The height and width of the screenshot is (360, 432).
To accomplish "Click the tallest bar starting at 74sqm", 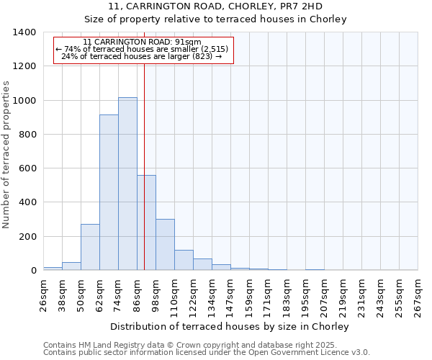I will (127, 184).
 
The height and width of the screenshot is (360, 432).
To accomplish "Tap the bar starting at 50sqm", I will (90, 247).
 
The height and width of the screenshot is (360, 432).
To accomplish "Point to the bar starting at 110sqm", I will (184, 260).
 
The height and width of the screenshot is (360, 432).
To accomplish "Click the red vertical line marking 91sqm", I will (145, 144).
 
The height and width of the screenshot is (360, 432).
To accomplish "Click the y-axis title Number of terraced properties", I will (7, 155).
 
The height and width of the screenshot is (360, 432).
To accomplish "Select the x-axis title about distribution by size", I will (230, 327).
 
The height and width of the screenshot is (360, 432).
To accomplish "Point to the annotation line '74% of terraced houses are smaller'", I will (142, 50).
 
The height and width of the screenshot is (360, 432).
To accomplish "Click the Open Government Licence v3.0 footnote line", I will (206, 353).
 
